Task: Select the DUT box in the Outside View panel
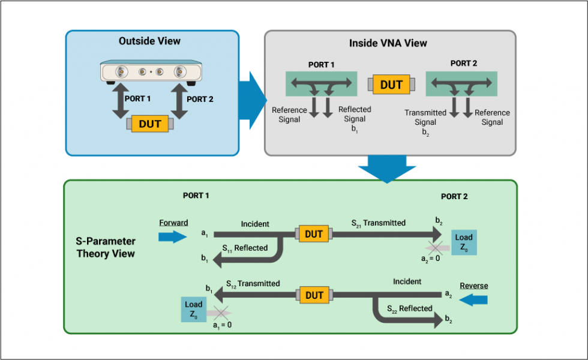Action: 150,124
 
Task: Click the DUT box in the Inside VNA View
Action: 391,85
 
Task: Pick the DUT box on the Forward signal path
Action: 314,234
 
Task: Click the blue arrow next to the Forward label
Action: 173,236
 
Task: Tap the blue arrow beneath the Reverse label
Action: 473,298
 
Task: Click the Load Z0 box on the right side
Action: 464,242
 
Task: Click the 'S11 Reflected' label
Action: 245,248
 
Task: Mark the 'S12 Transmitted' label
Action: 253,283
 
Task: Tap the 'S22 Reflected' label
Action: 410,308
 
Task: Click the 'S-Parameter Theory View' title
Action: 106,247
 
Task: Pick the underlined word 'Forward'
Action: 173,223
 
